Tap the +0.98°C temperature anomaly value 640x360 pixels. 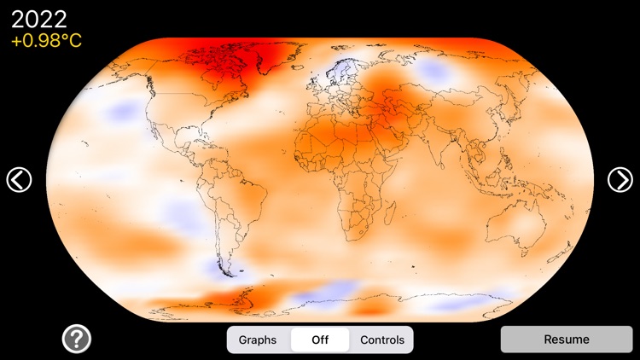[x=47, y=40]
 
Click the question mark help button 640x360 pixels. [x=77, y=339]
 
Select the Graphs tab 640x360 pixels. [x=258, y=340]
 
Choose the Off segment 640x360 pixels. [x=320, y=340]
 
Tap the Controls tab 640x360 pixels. [x=381, y=340]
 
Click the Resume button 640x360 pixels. [x=567, y=339]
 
